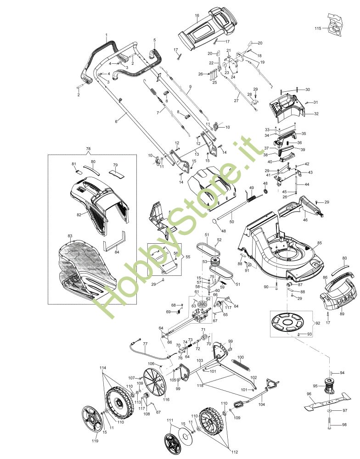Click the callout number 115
[318, 28]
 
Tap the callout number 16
[197, 16]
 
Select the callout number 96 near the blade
[309, 394]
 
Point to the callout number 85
[319, 243]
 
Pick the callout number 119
[95, 442]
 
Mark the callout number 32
[316, 114]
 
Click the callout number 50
[231, 222]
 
